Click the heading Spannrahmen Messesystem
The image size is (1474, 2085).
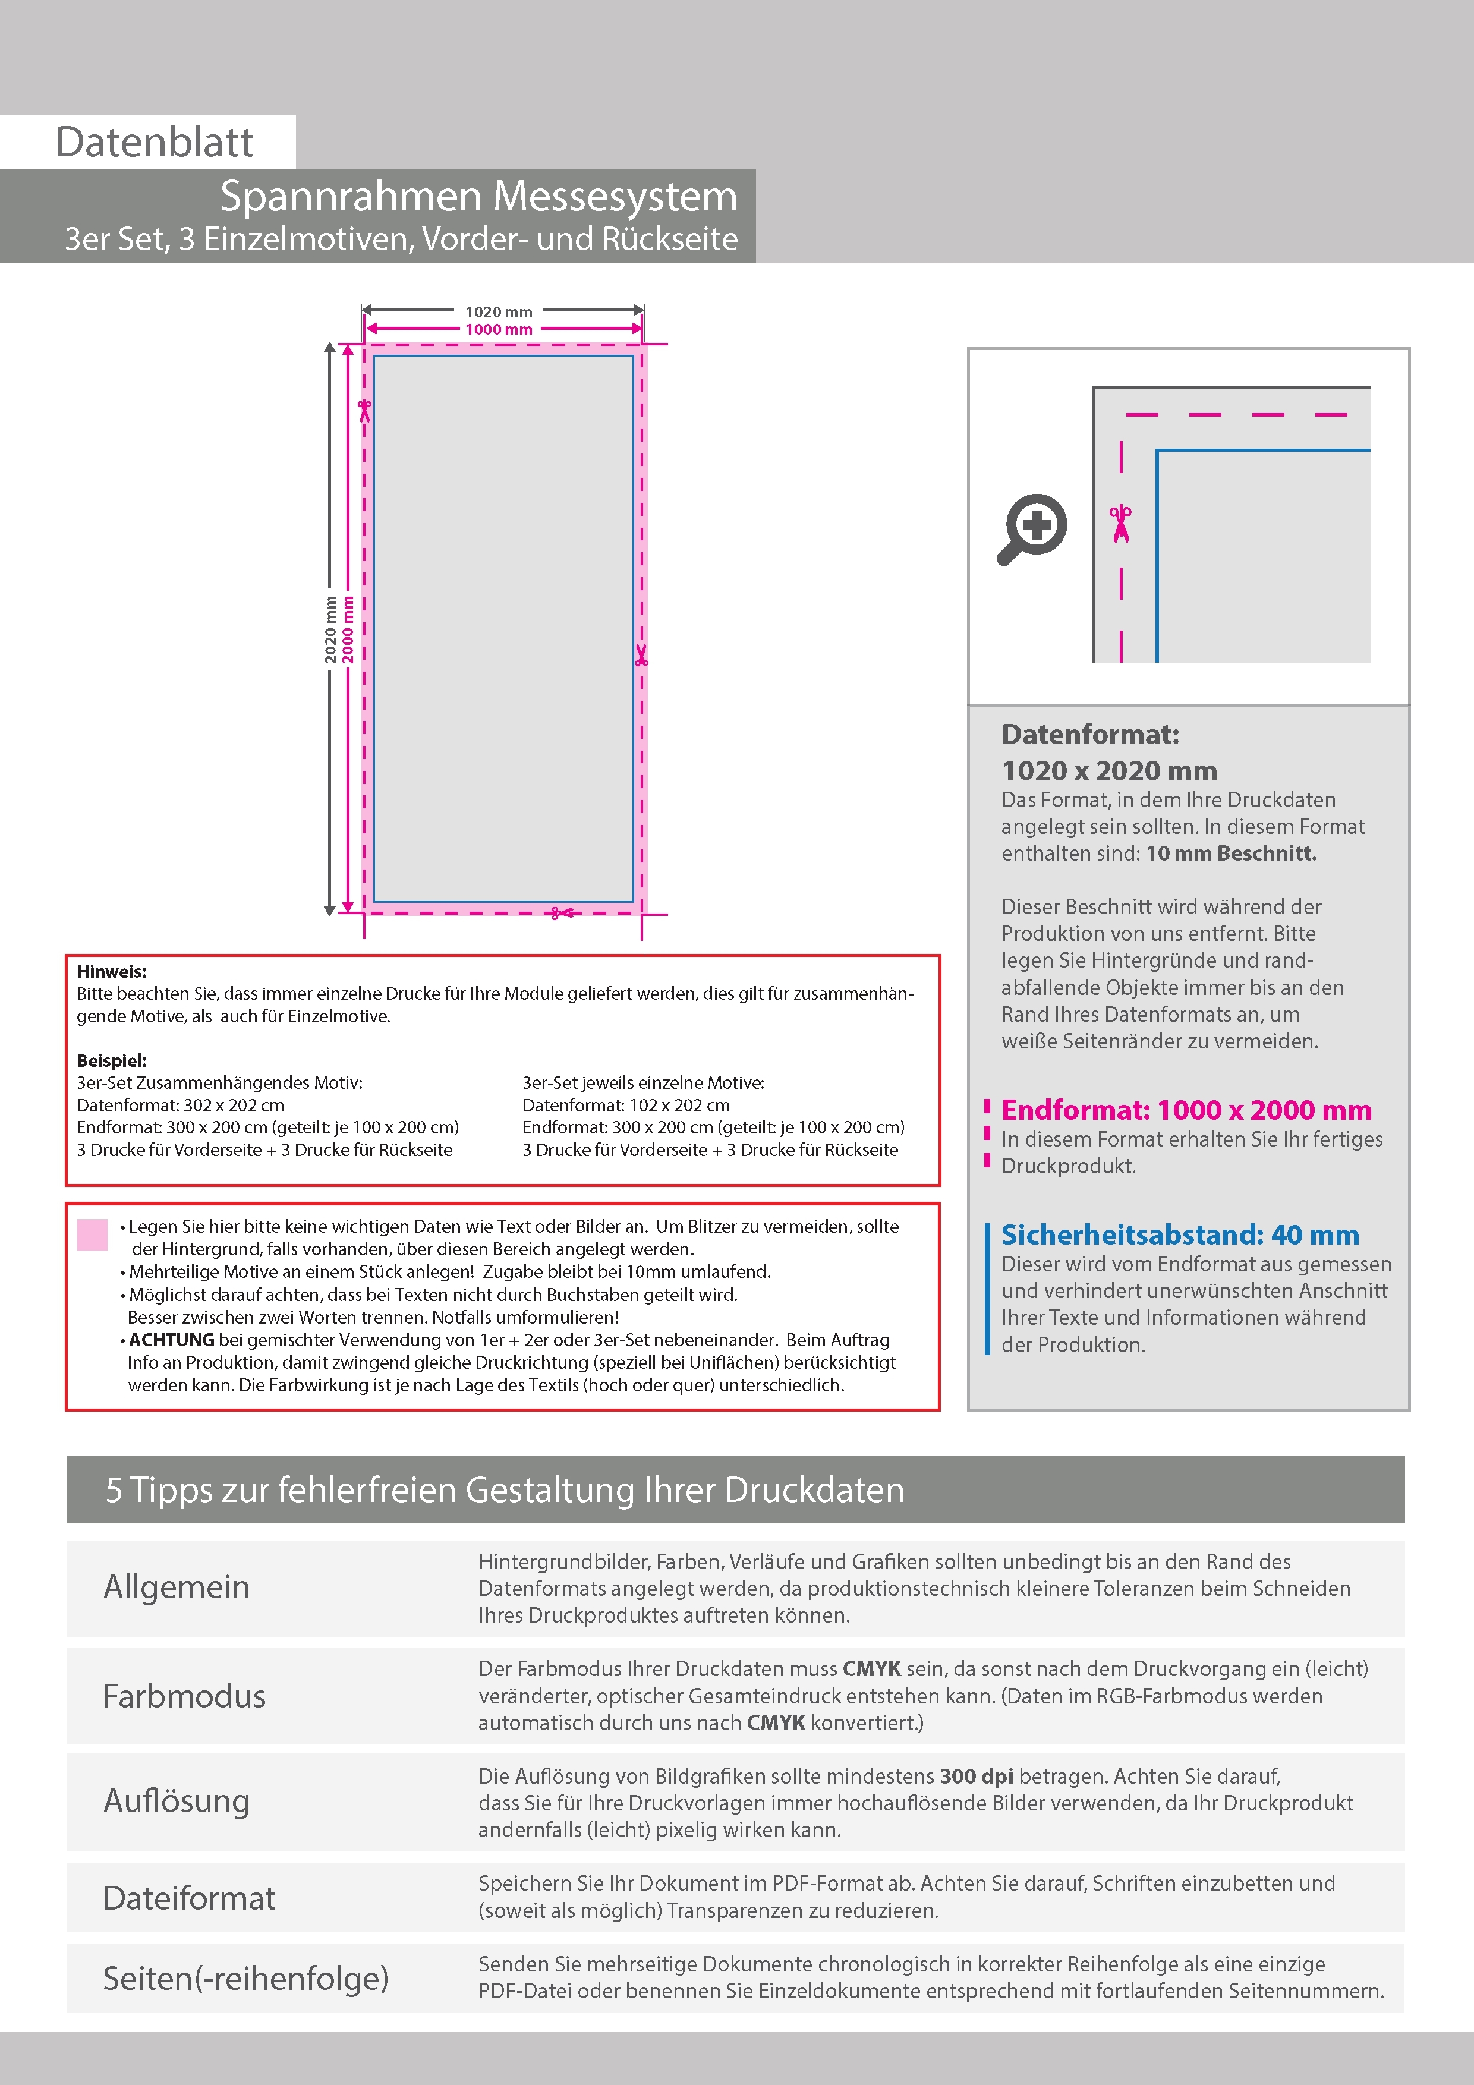point(478,196)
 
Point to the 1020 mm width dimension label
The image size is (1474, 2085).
point(499,311)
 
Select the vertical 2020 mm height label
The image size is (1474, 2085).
point(330,629)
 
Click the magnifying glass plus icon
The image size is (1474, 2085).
point(1032,528)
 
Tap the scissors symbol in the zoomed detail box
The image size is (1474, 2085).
point(1121,524)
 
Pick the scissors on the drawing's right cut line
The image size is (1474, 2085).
point(641,655)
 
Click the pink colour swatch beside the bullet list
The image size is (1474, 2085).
point(93,1235)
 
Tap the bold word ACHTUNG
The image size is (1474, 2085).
point(172,1340)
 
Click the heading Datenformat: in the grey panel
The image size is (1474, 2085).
point(1090,735)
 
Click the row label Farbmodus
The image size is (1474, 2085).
point(184,1696)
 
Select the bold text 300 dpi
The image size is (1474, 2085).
point(977,1777)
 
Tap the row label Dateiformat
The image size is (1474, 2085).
point(189,1898)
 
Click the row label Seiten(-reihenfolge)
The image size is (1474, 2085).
point(245,1978)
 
